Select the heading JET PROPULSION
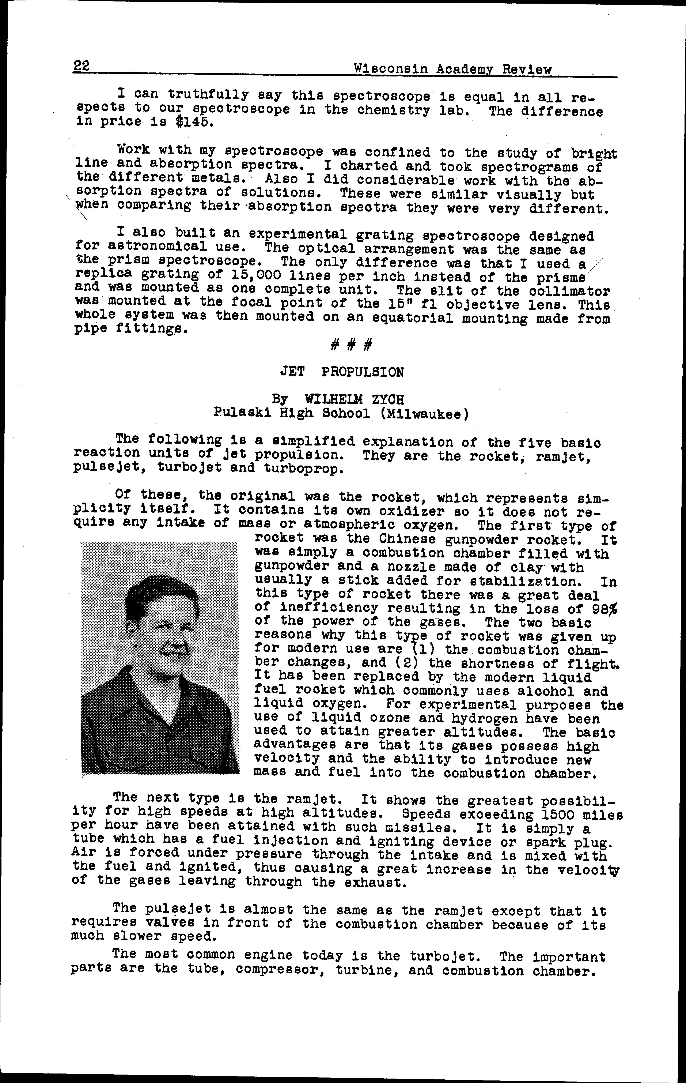pyautogui.click(x=342, y=372)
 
